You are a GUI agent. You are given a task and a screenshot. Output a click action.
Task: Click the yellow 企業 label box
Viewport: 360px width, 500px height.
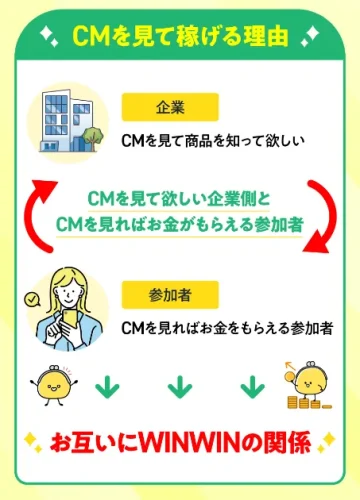click(170, 107)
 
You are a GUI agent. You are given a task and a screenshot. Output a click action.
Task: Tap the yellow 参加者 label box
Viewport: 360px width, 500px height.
click(170, 295)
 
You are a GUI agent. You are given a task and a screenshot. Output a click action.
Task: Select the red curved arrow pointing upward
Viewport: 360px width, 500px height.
click(41, 213)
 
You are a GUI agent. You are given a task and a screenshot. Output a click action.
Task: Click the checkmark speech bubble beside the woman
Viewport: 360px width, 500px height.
click(32, 300)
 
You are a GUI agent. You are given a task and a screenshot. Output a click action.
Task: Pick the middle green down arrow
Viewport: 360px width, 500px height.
click(180, 387)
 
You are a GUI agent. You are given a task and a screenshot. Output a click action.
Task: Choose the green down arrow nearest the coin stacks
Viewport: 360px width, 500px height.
click(252, 387)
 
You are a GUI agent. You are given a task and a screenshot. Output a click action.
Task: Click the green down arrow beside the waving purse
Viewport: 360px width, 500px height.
click(107, 387)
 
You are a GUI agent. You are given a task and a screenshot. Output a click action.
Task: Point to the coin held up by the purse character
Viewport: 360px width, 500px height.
click(289, 376)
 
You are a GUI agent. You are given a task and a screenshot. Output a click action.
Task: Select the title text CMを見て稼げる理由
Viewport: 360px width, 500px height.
click(180, 35)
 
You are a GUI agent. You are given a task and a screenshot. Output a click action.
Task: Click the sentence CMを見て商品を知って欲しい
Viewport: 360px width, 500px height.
click(213, 140)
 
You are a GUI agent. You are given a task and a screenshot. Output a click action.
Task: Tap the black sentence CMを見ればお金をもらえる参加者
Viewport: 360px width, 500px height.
click(227, 328)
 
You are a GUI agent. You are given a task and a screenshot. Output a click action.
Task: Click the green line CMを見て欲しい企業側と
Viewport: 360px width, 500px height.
click(179, 199)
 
